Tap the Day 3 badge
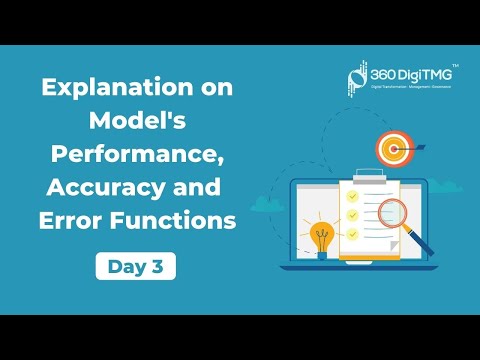[x=137, y=266]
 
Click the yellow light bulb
[x=323, y=237]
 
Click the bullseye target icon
[x=392, y=150]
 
